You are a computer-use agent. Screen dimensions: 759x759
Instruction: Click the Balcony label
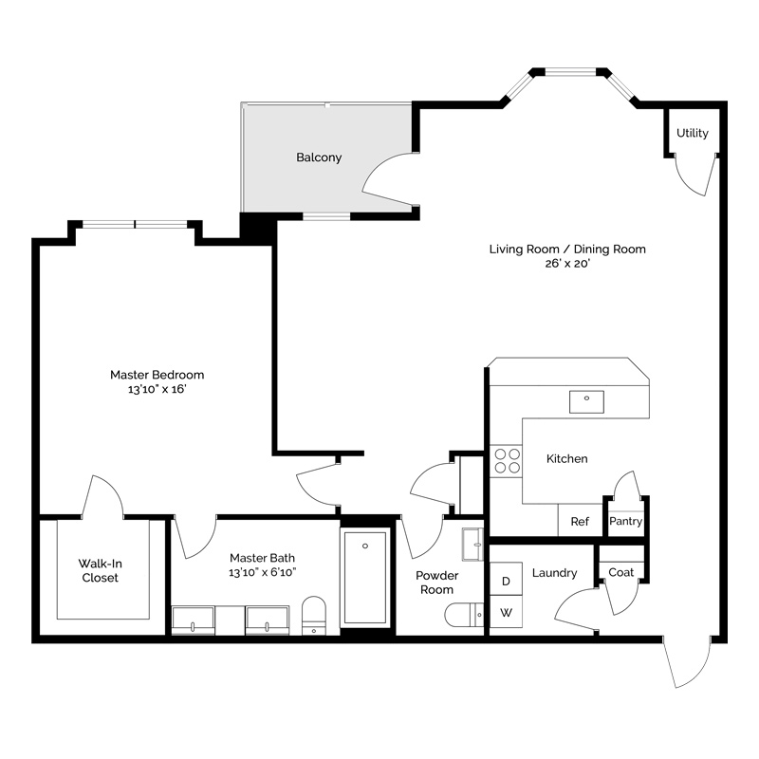[319, 157]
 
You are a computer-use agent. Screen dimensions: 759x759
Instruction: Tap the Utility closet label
[692, 133]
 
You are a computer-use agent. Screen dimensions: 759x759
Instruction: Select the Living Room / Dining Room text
[567, 250]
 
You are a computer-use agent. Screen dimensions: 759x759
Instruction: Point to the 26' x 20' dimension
[567, 265]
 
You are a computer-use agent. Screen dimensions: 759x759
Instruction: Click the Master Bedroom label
[157, 375]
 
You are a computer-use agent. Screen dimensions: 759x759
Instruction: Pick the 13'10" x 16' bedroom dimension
[157, 390]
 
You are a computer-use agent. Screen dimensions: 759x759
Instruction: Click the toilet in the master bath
[313, 614]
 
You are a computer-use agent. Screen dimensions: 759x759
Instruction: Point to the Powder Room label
[437, 583]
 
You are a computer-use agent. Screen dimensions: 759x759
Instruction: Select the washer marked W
[506, 613]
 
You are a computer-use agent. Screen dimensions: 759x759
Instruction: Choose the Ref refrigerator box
[580, 521]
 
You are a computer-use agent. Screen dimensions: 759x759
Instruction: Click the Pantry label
[625, 521]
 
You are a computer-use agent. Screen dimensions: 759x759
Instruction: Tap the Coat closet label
[621, 572]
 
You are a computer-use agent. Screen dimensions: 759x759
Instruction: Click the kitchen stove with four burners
[507, 460]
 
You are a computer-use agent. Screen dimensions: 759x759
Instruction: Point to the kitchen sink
[586, 401]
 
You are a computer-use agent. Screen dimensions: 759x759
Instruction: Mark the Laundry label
[554, 573]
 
